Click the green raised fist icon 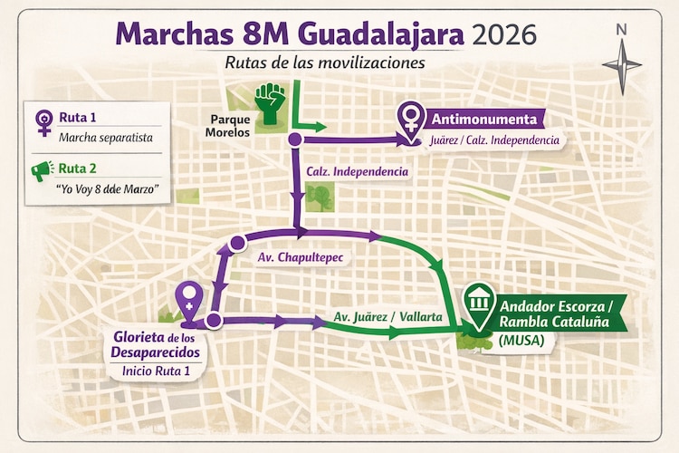(x=268, y=102)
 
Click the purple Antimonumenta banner (x=487, y=120)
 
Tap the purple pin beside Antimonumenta (x=410, y=117)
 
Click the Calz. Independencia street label (x=358, y=170)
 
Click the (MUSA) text (x=522, y=342)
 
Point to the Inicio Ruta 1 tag (x=155, y=371)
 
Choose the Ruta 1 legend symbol (x=43, y=122)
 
